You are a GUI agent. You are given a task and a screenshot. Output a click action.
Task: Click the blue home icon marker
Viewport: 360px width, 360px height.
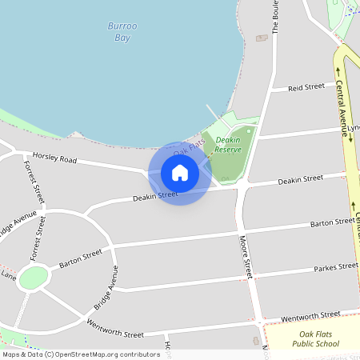tap(180, 173)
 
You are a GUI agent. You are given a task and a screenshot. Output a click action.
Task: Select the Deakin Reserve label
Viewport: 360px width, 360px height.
tap(228, 144)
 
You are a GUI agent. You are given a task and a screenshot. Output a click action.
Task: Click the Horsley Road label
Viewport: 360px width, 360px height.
tap(54, 158)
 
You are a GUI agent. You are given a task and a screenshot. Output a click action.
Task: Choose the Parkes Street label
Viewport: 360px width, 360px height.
tap(335, 267)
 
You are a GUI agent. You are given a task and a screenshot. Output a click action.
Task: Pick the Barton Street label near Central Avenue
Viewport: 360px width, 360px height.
tap(333, 222)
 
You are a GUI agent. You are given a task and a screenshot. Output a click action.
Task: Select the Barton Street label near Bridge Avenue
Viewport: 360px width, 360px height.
tap(81, 256)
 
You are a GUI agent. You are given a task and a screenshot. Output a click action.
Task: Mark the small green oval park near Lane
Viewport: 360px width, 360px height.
tap(34, 278)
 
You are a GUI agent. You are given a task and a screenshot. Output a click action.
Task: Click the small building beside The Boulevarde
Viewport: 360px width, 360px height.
tap(262, 37)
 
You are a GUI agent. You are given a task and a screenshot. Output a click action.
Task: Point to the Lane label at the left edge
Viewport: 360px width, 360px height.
tap(8, 276)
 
